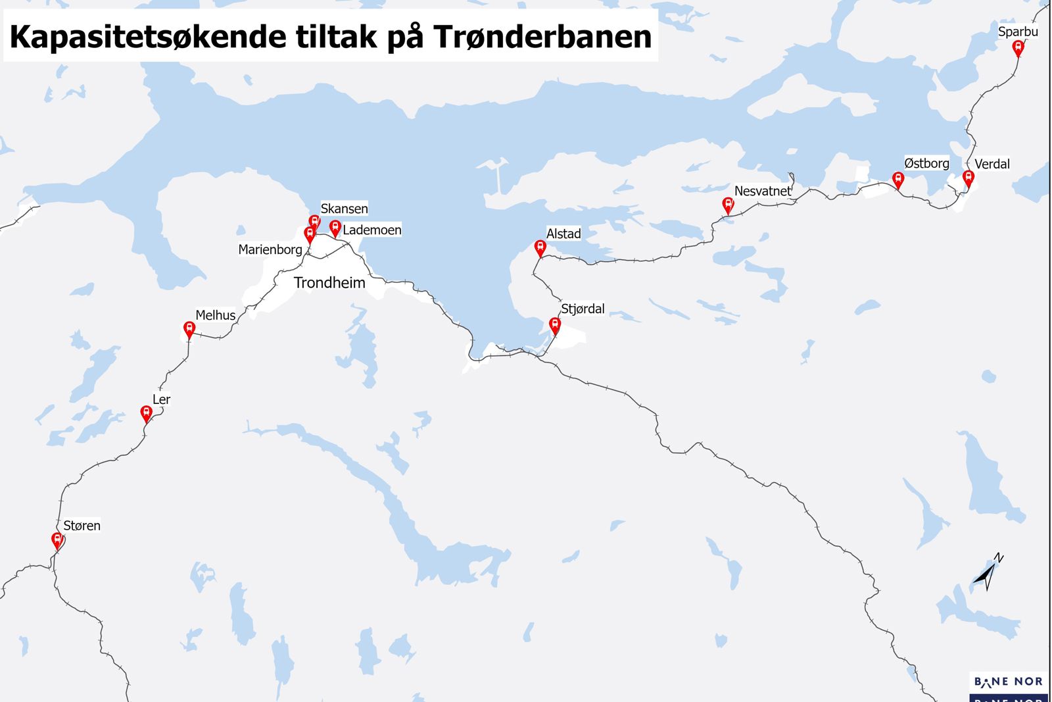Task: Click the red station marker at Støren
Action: coord(57,541)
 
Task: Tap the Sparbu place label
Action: coord(1018,32)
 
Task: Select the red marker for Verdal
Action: coord(968,178)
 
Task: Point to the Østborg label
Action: coord(926,163)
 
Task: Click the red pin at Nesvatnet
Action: coord(728,205)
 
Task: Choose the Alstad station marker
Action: coord(540,247)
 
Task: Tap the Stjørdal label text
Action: coord(583,309)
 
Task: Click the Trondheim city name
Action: coord(329,283)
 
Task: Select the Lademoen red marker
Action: coord(335,228)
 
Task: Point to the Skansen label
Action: coord(344,209)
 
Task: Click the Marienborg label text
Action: coord(270,249)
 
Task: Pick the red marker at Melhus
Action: coord(189,328)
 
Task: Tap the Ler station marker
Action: coord(146,413)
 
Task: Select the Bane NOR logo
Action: coord(1008,682)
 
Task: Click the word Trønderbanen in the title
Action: coord(543,37)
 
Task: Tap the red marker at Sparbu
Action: coord(1018,47)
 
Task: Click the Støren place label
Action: coord(82,526)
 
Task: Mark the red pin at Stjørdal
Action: coord(555,325)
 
